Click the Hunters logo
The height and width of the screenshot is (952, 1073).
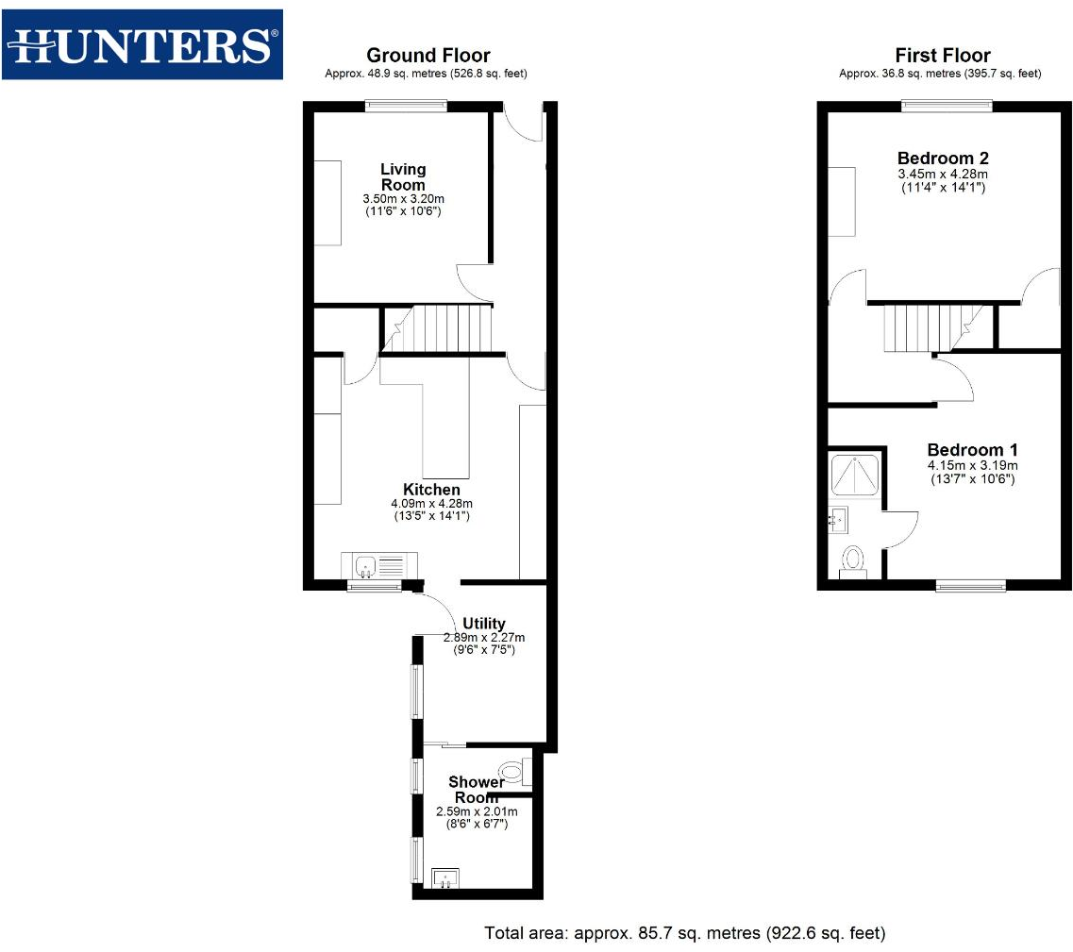point(142,44)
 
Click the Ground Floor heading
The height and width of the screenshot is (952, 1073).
point(428,56)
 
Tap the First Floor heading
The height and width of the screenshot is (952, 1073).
point(942,56)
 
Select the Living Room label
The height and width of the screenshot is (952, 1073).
point(403,177)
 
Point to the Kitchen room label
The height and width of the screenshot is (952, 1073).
point(431,490)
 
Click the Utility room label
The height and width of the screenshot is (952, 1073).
point(483,624)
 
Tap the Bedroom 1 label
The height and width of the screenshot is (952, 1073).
point(972,450)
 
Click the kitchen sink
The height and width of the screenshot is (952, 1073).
point(366,566)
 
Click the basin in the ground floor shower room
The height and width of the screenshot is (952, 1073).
point(444,878)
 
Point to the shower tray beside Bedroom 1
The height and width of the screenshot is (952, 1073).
point(855,474)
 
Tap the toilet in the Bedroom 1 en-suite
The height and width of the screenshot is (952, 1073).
point(854,560)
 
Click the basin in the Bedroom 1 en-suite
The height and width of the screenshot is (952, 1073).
point(838,519)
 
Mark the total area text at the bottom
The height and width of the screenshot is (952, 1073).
point(684,933)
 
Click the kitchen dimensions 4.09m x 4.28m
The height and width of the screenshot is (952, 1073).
point(431,504)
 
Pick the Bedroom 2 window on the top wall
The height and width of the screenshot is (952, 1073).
point(947,106)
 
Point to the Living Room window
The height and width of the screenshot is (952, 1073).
point(406,106)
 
